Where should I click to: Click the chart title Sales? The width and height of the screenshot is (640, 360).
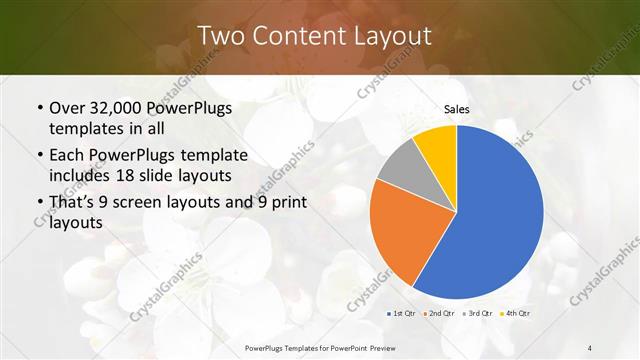[x=456, y=109]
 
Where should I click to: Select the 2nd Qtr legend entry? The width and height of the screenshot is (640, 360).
[x=441, y=314]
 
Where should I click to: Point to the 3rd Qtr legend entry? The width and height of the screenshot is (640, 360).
[x=476, y=314]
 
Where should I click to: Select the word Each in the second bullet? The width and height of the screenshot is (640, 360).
[x=66, y=156]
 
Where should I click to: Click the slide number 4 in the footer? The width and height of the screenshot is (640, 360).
[x=590, y=347]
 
